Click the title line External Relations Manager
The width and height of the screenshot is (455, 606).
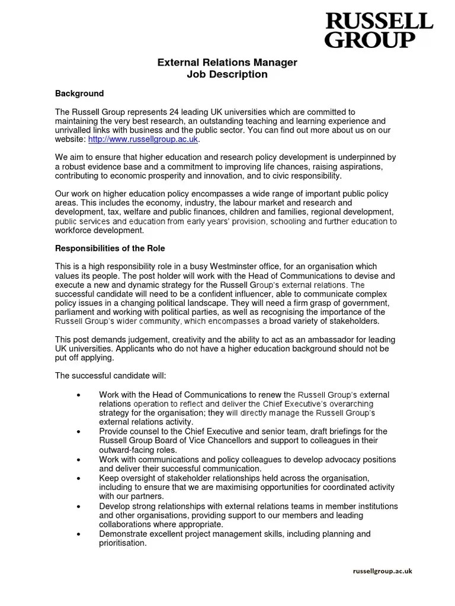coord(227,62)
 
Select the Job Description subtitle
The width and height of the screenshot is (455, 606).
coord(227,75)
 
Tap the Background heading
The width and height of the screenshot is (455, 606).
coord(79,94)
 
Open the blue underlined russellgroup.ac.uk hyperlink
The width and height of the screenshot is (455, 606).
coord(143,139)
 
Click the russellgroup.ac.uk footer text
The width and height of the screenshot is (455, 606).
coord(382,570)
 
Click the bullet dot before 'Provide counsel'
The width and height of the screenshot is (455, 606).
coord(79,432)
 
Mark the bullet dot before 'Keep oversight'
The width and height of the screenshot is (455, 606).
coord(79,478)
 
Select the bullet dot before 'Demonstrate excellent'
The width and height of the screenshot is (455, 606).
coord(79,534)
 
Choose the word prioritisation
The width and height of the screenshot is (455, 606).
coord(123,543)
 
